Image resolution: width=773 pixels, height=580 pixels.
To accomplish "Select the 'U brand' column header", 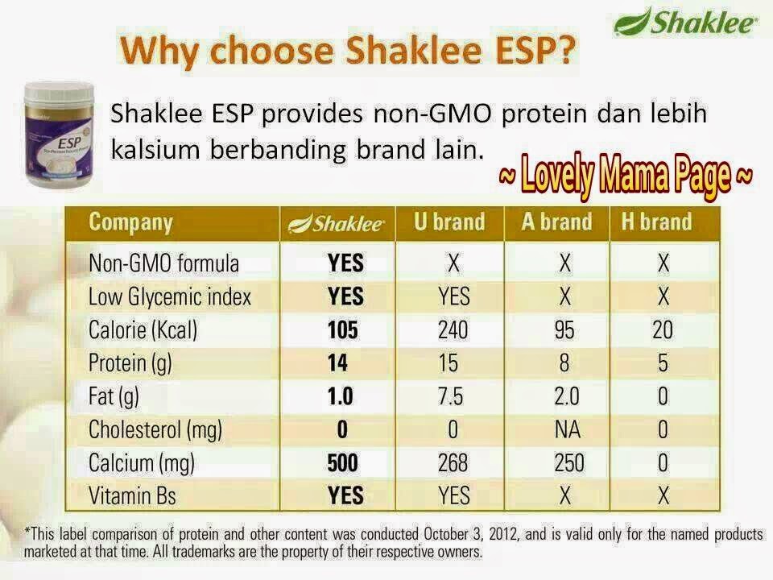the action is [x=449, y=222].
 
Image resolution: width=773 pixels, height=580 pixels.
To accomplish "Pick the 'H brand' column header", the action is [x=657, y=222].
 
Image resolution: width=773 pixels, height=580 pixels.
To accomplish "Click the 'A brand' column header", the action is [x=556, y=222].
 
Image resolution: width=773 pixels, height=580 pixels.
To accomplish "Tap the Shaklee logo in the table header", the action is [x=336, y=223].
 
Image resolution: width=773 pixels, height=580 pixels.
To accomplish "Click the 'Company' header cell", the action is [x=130, y=223].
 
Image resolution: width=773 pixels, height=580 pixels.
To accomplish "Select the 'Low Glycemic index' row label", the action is [x=170, y=297].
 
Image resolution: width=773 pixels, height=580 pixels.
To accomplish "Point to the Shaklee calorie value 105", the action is [x=343, y=330].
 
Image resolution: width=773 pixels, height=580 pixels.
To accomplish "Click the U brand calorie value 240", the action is [x=453, y=330].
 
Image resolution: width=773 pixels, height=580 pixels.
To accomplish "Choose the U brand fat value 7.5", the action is [x=451, y=396].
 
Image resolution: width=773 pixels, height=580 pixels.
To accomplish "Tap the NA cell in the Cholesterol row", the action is [x=568, y=429].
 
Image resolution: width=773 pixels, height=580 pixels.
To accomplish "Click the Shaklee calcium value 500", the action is [x=343, y=463].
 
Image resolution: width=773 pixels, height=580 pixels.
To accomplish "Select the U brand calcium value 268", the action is [x=453, y=463].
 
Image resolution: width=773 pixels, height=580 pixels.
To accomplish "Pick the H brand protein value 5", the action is [x=663, y=363].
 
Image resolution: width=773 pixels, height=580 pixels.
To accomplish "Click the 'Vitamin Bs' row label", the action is [x=132, y=495].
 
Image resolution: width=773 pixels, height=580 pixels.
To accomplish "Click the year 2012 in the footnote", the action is [x=504, y=534].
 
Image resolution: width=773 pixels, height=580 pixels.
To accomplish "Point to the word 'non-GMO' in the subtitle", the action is [x=432, y=114].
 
